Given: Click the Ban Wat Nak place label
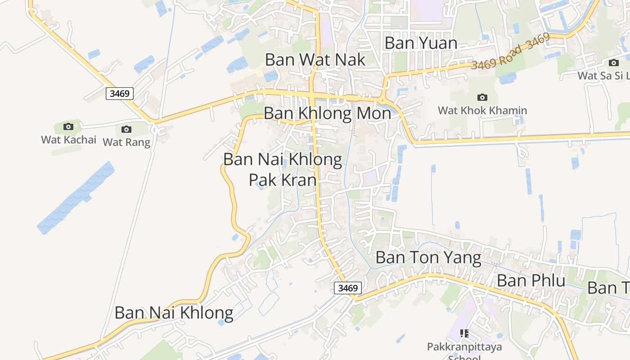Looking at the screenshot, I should [315, 59].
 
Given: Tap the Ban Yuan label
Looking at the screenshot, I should [421, 43].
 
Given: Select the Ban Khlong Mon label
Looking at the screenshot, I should [327, 113].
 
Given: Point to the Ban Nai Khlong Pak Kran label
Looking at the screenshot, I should [283, 169].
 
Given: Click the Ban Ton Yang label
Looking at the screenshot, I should [428, 258].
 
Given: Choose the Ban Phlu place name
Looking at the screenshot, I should [531, 280].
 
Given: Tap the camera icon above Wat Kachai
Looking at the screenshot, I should [68, 127].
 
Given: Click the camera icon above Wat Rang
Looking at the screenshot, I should [126, 130].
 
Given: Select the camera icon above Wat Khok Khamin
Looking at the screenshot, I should [482, 97].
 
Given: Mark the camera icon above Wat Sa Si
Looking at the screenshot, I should [614, 63].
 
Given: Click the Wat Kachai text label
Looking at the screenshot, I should [69, 139].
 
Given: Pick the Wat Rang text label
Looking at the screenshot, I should [126, 142].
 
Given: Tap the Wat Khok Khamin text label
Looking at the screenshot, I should [482, 110].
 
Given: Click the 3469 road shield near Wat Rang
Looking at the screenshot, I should [120, 94].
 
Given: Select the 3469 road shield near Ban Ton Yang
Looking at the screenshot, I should [348, 288].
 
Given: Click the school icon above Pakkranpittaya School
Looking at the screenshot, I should [464, 333].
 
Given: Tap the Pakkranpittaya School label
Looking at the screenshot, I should [464, 347].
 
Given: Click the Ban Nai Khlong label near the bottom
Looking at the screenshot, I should [174, 313].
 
